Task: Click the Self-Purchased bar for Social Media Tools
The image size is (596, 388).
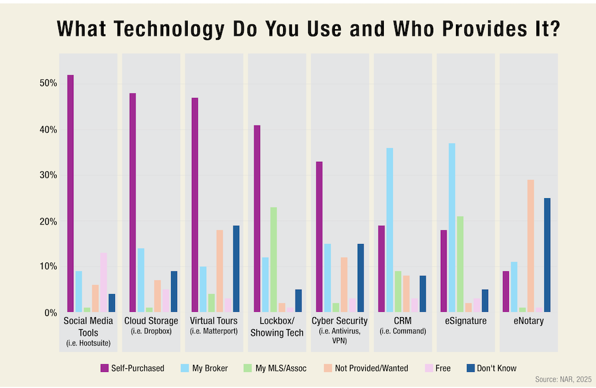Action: (70, 193)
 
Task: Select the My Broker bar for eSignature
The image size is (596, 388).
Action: (451, 227)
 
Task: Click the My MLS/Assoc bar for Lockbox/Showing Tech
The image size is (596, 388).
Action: (274, 259)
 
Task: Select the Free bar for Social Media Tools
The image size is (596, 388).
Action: (104, 282)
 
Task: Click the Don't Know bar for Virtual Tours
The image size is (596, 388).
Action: (236, 268)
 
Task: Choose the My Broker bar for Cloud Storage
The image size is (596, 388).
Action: (141, 280)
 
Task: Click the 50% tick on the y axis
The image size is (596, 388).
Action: (48, 83)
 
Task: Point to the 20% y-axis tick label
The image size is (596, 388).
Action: (48, 221)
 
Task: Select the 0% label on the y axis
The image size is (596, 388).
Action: (50, 312)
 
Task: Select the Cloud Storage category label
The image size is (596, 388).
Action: (151, 322)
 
